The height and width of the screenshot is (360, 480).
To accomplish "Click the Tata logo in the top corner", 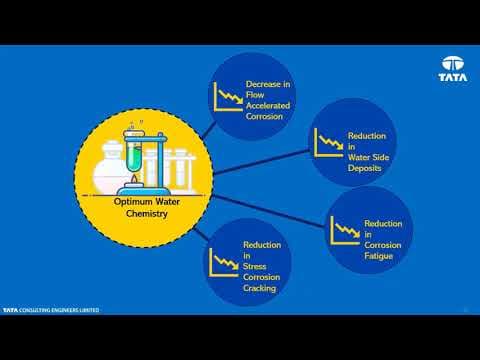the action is tap(453, 69).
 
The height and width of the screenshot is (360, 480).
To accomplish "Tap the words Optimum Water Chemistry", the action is tap(147, 207).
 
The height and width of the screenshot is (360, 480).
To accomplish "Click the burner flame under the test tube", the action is tap(134, 180).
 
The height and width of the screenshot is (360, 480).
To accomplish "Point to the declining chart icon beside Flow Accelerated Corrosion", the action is tap(228, 97).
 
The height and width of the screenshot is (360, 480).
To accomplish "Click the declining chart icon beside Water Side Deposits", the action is tap(329, 143).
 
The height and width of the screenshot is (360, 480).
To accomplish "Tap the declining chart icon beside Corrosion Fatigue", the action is tap(345, 230).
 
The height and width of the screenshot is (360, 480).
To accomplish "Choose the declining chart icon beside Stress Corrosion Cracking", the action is tap(224, 263).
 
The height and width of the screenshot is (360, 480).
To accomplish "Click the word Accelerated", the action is tap(268, 106).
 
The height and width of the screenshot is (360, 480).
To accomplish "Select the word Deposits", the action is tap(364, 168).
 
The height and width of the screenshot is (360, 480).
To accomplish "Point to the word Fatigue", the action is tap(378, 256).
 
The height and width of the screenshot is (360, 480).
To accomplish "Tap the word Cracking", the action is tap(259, 288).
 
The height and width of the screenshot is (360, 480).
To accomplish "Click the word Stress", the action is tap(254, 266).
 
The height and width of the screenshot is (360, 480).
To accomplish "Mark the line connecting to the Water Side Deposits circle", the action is tap(262, 162).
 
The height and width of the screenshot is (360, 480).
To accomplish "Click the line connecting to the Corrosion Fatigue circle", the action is tap(268, 211).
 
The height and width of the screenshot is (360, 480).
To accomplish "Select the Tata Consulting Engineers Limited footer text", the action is tap(51, 310).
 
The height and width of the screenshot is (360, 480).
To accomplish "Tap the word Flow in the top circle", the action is tap(255, 95).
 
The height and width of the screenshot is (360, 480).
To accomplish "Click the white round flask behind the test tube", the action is tap(110, 167).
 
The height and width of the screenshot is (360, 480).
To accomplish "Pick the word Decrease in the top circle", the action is tap(264, 84).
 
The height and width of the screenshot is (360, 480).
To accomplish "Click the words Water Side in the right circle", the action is tap(368, 157).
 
